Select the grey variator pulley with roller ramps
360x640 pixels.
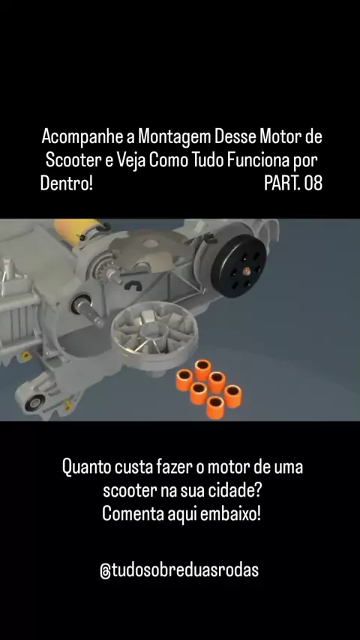(x=154, y=336)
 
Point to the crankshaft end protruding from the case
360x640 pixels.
(x=88, y=310)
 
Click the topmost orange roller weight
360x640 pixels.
(x=202, y=369)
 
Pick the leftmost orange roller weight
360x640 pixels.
(x=184, y=379)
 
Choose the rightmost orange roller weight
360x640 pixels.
(x=233, y=396)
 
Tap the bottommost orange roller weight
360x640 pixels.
(x=215, y=407)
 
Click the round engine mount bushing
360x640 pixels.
(x=34, y=402)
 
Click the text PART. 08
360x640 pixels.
(x=293, y=184)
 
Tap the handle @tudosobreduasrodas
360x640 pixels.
(x=179, y=570)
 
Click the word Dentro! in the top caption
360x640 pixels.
(x=67, y=184)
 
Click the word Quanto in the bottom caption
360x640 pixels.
(x=85, y=467)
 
